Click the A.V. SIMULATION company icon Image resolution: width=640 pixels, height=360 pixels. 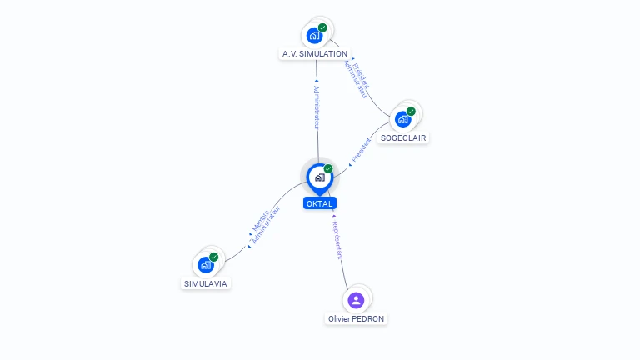(x=314, y=35)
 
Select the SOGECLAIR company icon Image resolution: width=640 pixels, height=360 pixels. (x=403, y=119)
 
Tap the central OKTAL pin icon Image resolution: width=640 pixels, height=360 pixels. (x=319, y=177)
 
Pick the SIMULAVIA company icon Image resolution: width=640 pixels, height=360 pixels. (x=206, y=265)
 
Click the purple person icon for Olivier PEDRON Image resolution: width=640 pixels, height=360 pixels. (x=356, y=300)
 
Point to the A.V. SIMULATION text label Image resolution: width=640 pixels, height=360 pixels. (x=314, y=54)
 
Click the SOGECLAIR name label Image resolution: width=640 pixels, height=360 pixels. (x=404, y=137)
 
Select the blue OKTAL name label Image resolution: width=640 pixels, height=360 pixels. (x=320, y=203)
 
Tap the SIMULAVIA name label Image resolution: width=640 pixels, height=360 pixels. (x=206, y=283)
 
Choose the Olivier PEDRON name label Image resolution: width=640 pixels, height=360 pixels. (x=357, y=318)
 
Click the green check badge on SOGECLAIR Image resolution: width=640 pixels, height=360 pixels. (x=411, y=111)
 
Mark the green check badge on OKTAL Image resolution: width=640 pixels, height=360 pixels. (x=328, y=168)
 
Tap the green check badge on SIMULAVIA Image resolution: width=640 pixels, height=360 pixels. (x=213, y=257)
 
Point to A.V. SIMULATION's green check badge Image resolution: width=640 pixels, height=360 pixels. (x=322, y=27)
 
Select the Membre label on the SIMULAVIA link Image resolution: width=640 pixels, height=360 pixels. (x=259, y=222)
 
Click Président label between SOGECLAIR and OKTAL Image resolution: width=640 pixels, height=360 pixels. (x=361, y=150)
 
